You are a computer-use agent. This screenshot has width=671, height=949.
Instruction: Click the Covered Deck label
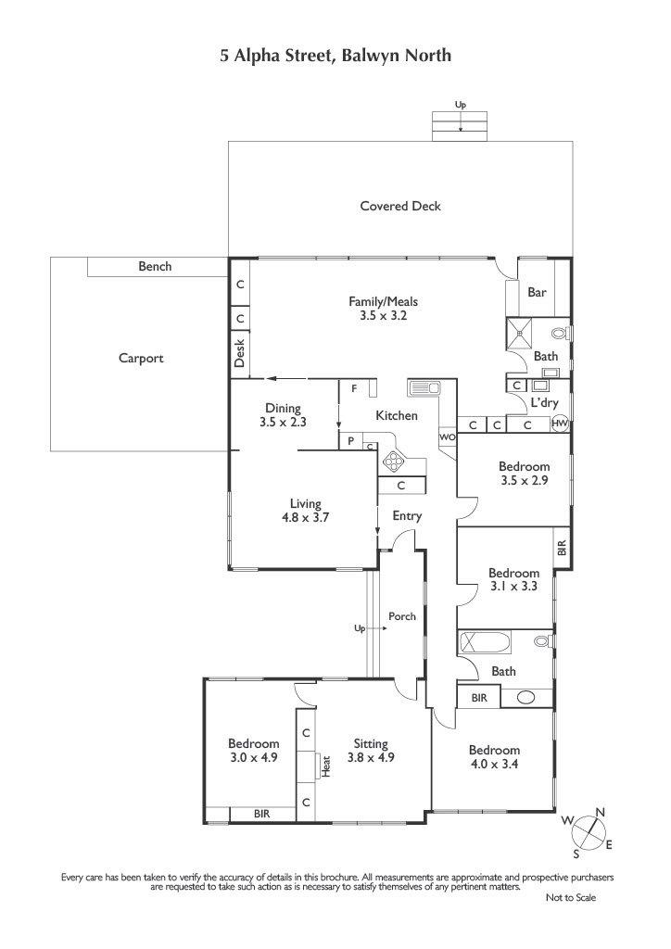click(x=400, y=206)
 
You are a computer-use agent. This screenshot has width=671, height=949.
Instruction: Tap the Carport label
click(x=141, y=359)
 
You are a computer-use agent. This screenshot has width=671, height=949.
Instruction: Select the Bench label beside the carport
click(x=155, y=266)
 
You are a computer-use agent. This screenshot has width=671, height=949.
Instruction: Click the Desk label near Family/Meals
click(x=240, y=353)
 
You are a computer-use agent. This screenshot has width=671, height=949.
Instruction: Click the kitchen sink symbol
click(x=424, y=387)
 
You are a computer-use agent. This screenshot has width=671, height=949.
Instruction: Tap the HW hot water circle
click(x=561, y=424)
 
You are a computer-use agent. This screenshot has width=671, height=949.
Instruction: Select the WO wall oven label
click(x=447, y=437)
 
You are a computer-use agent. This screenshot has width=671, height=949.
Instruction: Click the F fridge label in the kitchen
click(x=355, y=389)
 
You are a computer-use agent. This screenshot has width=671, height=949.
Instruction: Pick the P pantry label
click(x=350, y=442)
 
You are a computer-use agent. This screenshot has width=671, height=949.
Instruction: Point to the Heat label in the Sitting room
click(x=326, y=766)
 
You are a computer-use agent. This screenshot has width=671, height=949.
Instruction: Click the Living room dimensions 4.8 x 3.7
click(x=306, y=517)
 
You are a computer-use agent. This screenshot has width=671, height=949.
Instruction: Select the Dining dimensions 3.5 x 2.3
click(x=284, y=422)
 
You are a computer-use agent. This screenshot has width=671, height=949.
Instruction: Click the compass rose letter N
click(x=601, y=812)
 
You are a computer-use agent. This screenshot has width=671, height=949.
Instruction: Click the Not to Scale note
click(x=571, y=897)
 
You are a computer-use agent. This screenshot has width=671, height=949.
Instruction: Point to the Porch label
click(x=402, y=616)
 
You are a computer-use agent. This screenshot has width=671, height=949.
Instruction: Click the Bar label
click(x=538, y=292)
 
